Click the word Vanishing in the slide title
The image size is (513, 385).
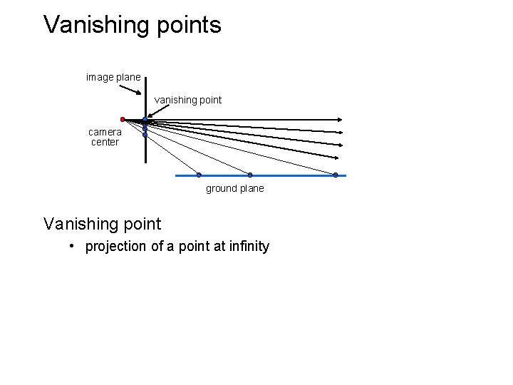[97, 25]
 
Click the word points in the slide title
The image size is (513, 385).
[189, 25]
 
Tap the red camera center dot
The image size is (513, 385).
[123, 119]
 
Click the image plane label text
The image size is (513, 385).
[113, 76]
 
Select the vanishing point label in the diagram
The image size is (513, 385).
[188, 101]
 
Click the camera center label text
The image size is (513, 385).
[105, 137]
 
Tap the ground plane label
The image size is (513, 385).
[234, 188]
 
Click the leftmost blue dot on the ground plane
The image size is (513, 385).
[199, 175]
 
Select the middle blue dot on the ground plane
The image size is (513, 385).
[250, 175]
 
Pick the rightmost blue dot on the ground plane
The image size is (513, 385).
[336, 175]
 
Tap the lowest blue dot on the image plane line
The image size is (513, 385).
[145, 134]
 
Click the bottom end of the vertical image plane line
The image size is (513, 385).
[145, 162]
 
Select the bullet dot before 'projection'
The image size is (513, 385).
[73, 247]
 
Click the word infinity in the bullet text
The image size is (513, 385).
[246, 247]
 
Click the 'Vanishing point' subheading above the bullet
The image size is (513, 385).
[102, 224]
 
